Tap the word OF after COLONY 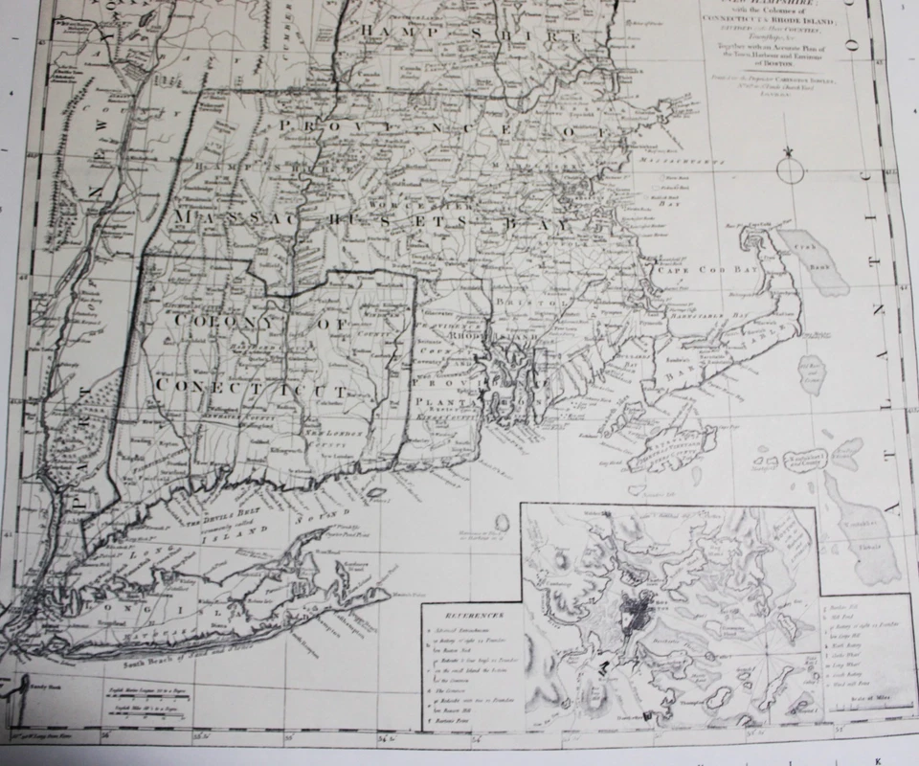[x=334, y=326]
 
